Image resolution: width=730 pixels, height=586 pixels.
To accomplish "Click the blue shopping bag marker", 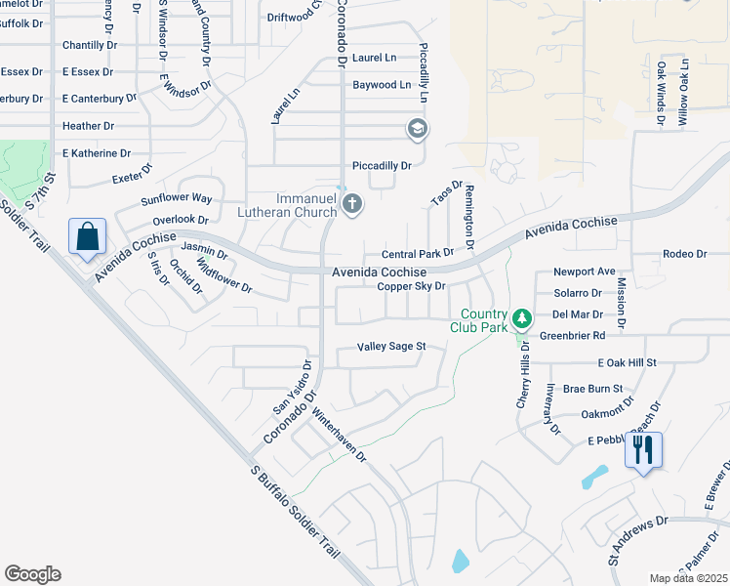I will (x=87, y=237).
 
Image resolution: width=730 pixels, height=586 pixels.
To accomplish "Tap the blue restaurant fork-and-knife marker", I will (x=643, y=450).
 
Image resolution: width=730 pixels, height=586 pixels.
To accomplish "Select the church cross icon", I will (x=352, y=204).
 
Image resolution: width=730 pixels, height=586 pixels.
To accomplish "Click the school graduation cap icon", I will (x=417, y=128).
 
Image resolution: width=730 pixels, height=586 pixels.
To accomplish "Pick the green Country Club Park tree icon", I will (x=522, y=317).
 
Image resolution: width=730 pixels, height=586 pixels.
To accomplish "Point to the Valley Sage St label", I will (x=392, y=347).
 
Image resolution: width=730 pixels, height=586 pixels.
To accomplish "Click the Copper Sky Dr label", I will (x=411, y=286).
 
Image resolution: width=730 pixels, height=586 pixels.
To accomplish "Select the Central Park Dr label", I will (x=418, y=253).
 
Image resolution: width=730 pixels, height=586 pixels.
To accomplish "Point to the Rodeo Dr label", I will (x=684, y=254).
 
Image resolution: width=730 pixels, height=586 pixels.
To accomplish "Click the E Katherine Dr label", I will (x=96, y=153).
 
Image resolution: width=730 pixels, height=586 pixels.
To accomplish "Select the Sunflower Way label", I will (x=176, y=198).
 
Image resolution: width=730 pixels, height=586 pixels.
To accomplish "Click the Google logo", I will (x=32, y=574).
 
